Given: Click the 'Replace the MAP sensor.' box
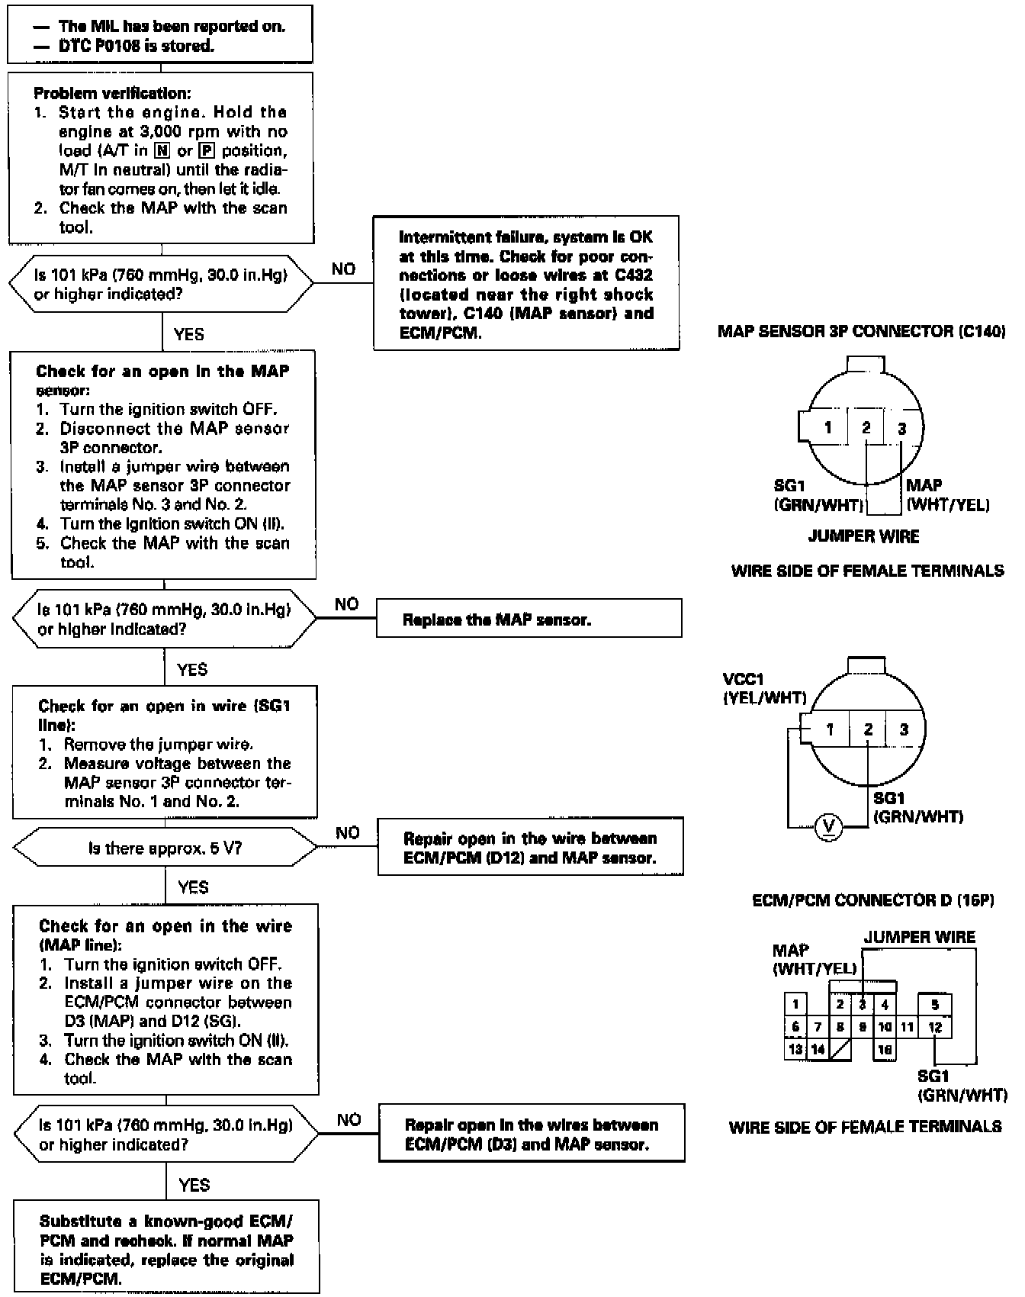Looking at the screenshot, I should coord(529,619).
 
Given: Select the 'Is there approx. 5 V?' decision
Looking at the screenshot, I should coord(165,848).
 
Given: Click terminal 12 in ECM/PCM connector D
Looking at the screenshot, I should coord(935,1027).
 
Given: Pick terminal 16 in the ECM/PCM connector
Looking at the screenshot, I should coord(885,1050).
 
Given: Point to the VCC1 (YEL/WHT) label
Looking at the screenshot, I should coord(764,687).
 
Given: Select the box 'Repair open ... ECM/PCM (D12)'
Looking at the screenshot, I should coord(530,848).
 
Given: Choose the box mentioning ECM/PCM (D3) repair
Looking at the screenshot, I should coord(532,1134).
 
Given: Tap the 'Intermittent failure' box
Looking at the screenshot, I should coord(526,284).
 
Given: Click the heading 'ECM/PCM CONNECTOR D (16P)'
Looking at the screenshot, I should coord(873,900).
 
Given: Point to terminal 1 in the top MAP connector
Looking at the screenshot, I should coord(827,427).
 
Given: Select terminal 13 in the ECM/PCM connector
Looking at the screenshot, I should coord(795,1049).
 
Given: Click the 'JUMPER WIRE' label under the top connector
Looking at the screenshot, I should coord(863,536).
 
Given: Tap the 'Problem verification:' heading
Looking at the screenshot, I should coord(112,93).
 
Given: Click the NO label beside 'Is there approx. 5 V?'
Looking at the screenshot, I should coord(347,832).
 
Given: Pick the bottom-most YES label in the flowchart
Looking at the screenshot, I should coord(194,1185).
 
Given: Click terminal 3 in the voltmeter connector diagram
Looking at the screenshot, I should coord(904,729).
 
